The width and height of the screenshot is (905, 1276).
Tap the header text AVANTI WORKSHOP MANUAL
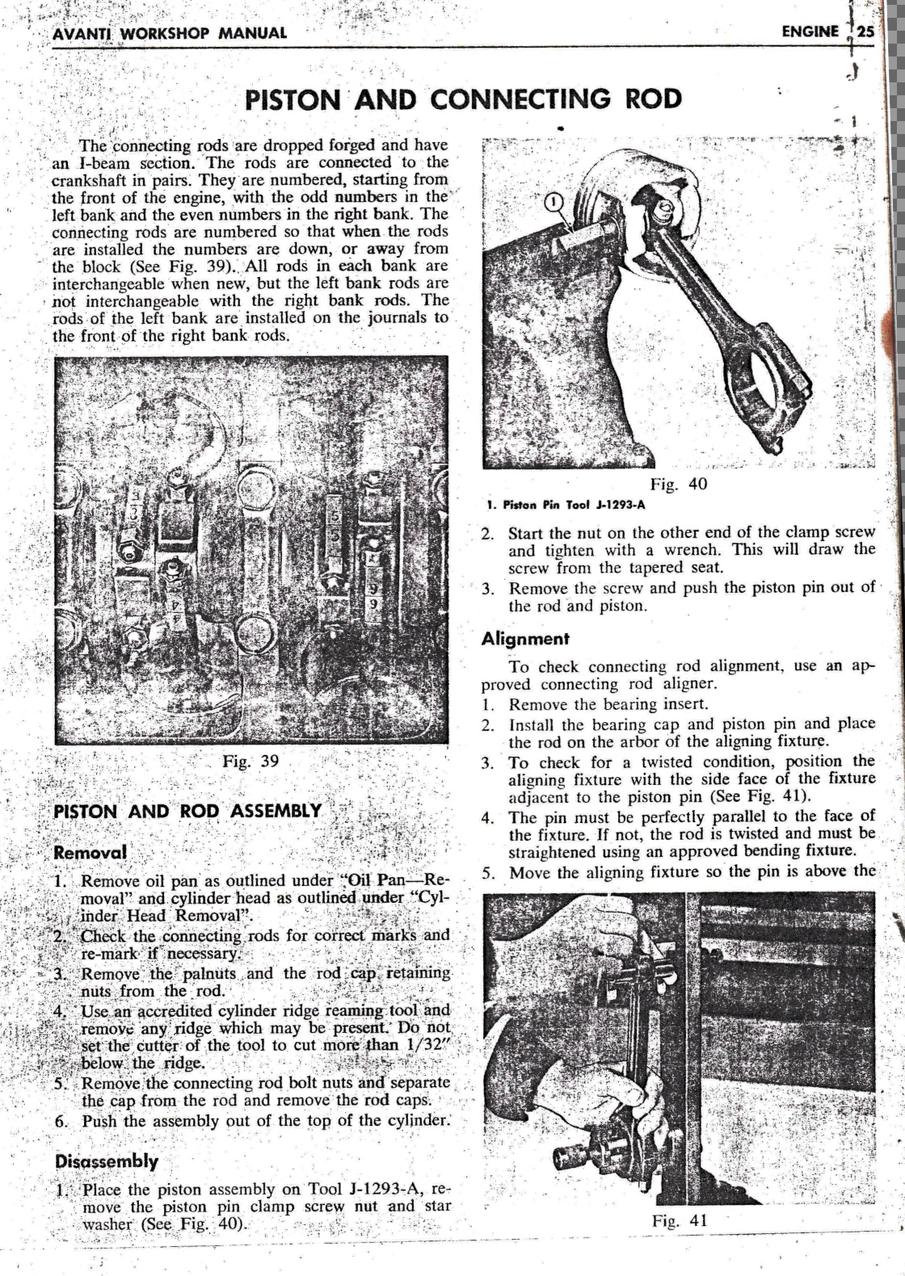click(x=169, y=33)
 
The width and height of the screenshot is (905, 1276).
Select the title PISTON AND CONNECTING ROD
click(x=463, y=99)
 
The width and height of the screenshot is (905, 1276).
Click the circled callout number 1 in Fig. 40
click(x=554, y=202)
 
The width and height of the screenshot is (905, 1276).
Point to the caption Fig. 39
click(x=250, y=761)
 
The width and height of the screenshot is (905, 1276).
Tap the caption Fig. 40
click(x=679, y=484)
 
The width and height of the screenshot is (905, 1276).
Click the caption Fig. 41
click(x=680, y=1220)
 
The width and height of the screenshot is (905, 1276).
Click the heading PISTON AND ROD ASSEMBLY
click(x=187, y=811)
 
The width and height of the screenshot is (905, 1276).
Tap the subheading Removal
click(x=90, y=853)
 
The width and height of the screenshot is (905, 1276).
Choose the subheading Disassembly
click(x=106, y=1161)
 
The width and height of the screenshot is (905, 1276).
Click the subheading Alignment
click(x=525, y=639)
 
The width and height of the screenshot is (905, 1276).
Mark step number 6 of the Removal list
click(x=61, y=1121)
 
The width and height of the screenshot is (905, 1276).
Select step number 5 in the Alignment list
click(x=488, y=873)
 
